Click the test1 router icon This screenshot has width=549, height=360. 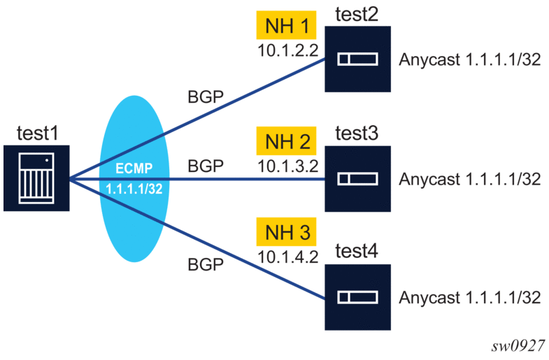(36, 178)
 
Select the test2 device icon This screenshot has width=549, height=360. (357, 60)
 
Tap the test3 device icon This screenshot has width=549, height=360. (357, 179)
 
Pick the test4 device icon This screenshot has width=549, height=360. (357, 298)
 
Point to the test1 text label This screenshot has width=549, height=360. (36, 132)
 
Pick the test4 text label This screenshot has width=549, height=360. (357, 251)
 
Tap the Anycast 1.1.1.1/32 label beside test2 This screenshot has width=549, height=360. (470, 60)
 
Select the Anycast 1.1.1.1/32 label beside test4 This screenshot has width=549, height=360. (470, 298)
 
